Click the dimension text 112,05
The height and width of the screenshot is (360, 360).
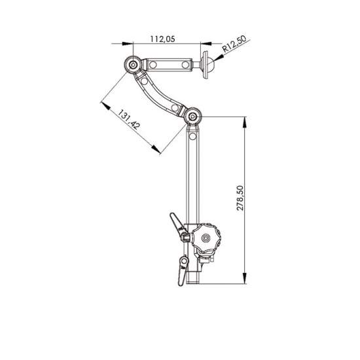(x=162, y=39)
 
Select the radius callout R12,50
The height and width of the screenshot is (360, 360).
(x=234, y=47)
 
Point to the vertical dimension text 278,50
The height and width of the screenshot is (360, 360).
(x=240, y=196)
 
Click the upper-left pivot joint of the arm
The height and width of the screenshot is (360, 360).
(x=134, y=65)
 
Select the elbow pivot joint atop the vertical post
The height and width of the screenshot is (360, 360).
(x=193, y=118)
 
